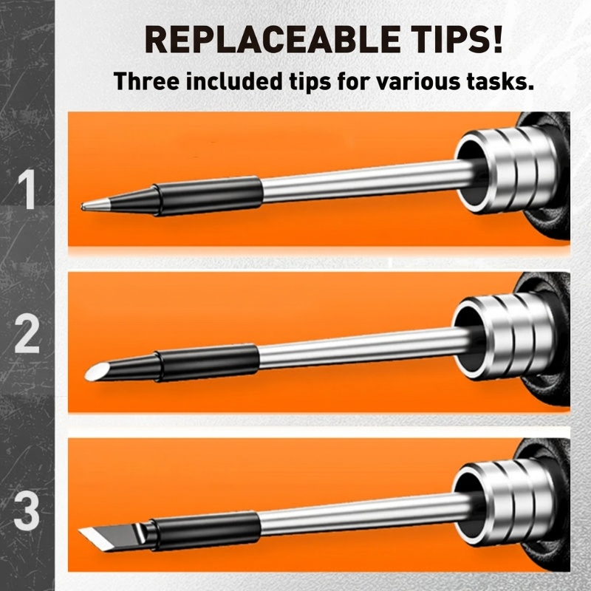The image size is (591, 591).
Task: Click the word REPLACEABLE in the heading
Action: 272,39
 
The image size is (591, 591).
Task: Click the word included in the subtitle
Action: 234,81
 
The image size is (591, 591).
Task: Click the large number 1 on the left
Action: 27,189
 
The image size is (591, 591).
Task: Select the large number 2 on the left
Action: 27,334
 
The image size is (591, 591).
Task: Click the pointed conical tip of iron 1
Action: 95,205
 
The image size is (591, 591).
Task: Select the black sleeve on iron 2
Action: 207,363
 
